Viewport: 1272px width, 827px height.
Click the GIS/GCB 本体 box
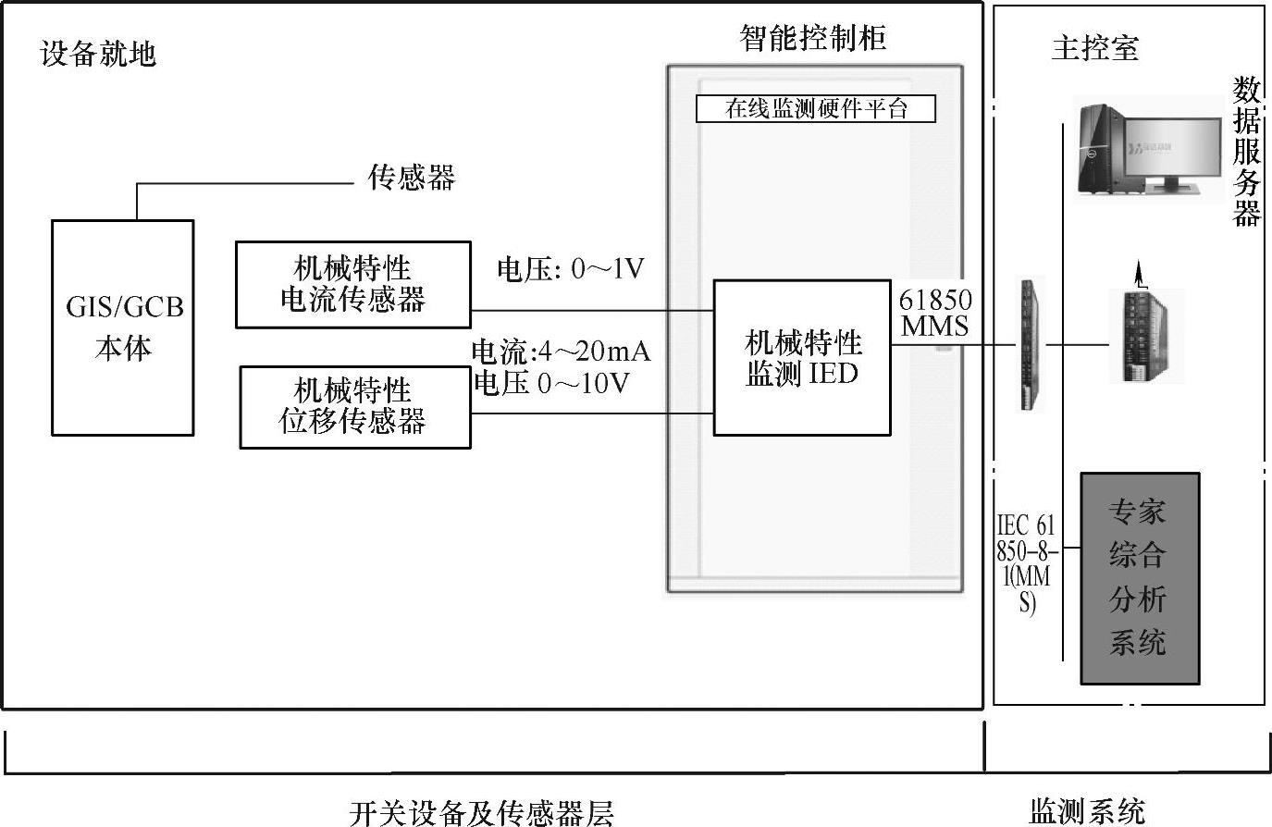123,327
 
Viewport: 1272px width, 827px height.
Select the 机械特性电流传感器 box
352,285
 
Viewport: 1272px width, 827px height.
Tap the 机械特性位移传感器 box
354,407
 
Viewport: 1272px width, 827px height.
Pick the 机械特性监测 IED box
801,357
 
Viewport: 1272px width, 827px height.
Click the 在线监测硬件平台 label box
815,109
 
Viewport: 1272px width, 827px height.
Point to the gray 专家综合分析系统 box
1139,578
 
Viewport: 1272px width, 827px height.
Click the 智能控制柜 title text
812,37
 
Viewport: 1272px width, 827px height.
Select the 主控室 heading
1094,47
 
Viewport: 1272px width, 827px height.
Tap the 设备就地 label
98,54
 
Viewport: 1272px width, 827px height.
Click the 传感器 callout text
411,177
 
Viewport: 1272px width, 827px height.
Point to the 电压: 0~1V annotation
570,269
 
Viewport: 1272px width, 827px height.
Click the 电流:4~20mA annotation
561,352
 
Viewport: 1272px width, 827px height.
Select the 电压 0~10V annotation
551,383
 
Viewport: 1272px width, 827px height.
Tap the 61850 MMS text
935,313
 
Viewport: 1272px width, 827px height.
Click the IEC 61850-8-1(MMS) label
1025,562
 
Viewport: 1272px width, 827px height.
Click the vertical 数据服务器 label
1247,152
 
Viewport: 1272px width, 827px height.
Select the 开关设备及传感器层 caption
481,812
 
